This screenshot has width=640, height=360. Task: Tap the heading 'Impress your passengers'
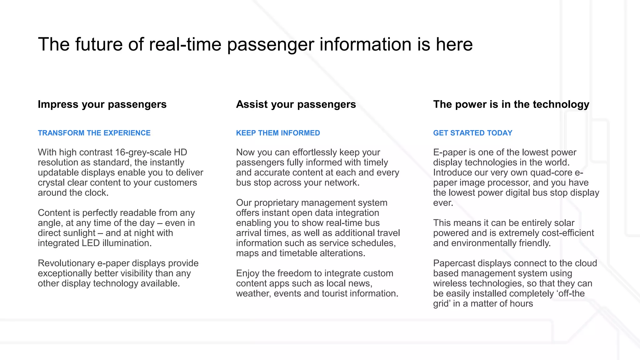point(102,104)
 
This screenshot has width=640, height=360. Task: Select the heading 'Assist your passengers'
point(296,104)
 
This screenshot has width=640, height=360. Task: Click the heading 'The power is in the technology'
point(511,104)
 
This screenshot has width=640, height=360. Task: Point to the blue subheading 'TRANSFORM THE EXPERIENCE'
point(94,133)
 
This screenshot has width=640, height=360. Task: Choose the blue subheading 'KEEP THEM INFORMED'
point(278,133)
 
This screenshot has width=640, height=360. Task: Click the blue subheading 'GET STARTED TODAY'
point(472,133)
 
